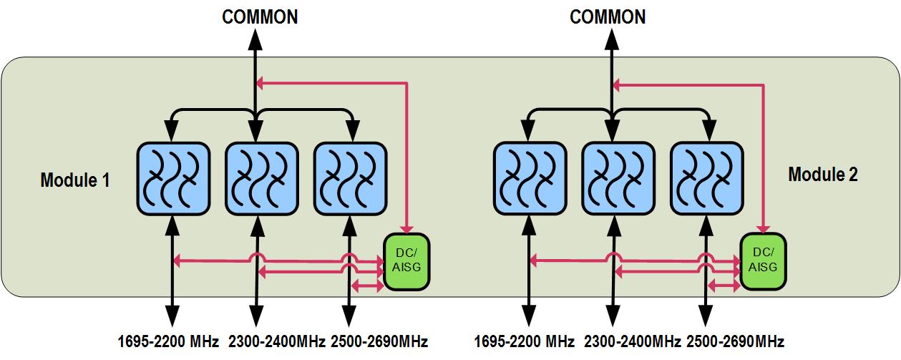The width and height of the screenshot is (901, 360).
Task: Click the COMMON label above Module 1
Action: pyautogui.click(x=260, y=16)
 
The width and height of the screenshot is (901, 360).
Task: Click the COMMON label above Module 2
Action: pyautogui.click(x=608, y=16)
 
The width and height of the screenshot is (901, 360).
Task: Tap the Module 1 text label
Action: pyautogui.click(x=74, y=180)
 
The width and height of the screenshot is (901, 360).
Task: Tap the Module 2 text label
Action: pyautogui.click(x=822, y=174)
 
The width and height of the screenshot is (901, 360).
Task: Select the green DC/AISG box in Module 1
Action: pyautogui.click(x=406, y=262)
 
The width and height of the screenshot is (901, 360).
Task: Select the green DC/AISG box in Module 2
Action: pyautogui.click(x=762, y=261)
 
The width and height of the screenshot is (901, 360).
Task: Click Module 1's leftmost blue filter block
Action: pyautogui.click(x=172, y=178)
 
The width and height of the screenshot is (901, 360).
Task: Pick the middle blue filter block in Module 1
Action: pyautogui.click(x=261, y=178)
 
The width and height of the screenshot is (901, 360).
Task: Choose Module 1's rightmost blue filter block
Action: pyautogui.click(x=351, y=178)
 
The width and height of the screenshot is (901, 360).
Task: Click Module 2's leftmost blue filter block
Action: pyautogui.click(x=530, y=178)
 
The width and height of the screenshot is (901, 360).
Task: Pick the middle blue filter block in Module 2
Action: pyautogui.click(x=618, y=178)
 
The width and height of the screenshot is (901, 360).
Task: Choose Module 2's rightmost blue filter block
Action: pyautogui.click(x=706, y=178)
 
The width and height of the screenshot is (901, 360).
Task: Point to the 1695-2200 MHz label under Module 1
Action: pyautogui.click(x=169, y=341)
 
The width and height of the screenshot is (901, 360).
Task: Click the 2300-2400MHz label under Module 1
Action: pyautogui.click(x=277, y=341)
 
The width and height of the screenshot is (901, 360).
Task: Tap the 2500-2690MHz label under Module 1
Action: pyautogui.click(x=379, y=341)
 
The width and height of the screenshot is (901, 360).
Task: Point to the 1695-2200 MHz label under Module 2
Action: pyautogui.click(x=525, y=341)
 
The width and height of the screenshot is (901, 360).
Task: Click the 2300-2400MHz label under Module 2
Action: pyautogui.click(x=633, y=341)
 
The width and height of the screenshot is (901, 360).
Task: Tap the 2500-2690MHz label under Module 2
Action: pyautogui.click(x=735, y=341)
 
